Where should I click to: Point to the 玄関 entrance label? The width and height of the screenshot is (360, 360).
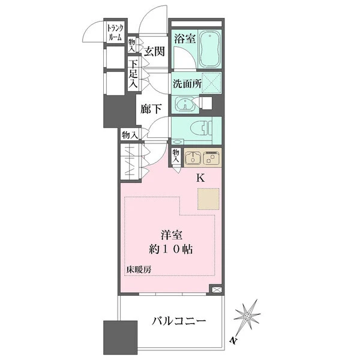click(x=154, y=52)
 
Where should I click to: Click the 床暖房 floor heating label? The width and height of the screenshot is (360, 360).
click(x=139, y=269)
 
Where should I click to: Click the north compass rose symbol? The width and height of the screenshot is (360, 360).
click(x=248, y=317)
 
